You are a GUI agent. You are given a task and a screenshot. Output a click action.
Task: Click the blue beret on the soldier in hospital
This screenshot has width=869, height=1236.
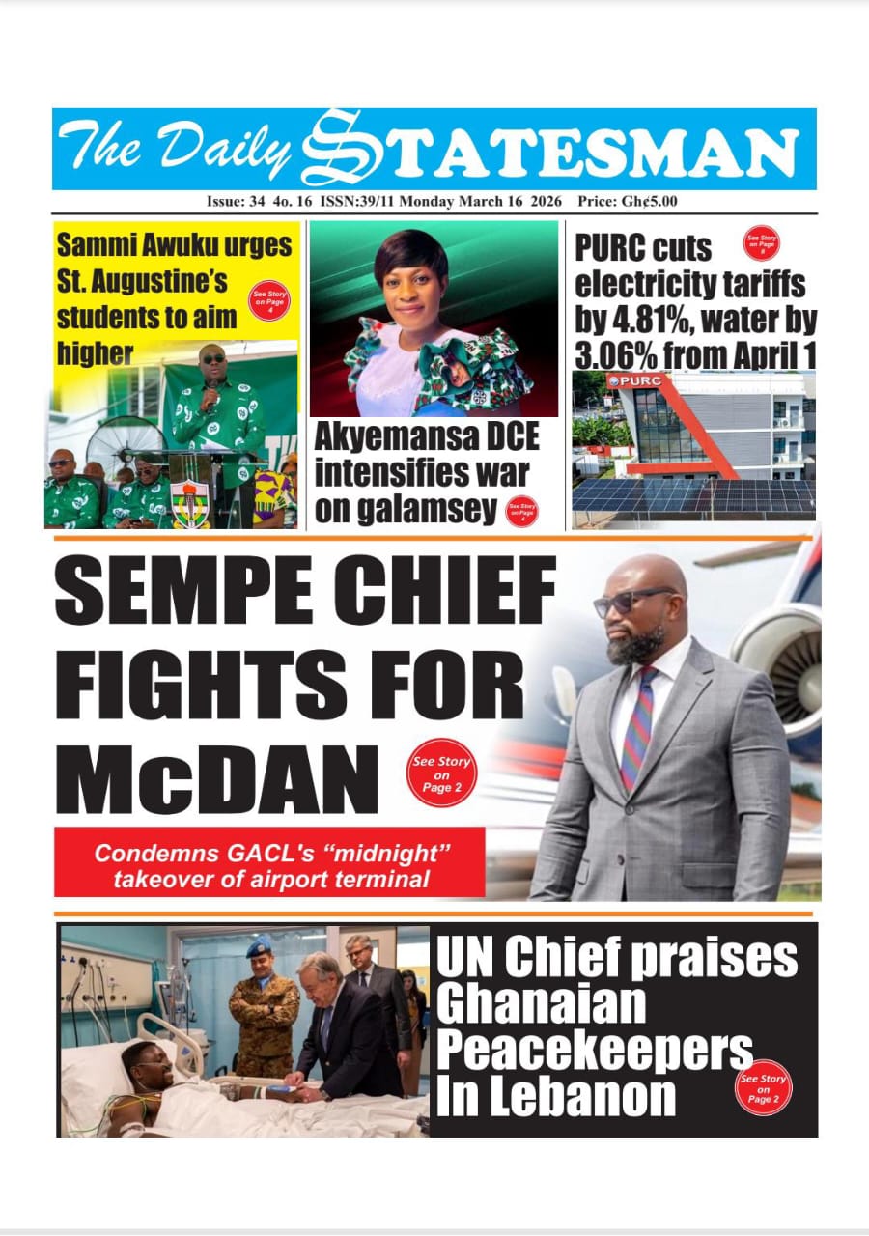click(x=259, y=949)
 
